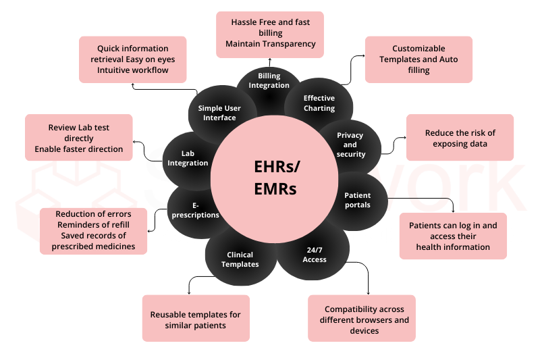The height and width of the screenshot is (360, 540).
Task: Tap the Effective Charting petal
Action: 319,103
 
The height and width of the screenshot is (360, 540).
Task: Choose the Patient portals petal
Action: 357,200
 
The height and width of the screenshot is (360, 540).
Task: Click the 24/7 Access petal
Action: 315,254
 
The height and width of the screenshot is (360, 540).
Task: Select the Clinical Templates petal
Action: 240,259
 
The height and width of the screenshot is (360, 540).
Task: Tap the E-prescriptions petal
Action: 195,210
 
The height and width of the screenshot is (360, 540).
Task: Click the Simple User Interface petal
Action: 219,112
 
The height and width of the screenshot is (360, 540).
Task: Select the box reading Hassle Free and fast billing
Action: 270,33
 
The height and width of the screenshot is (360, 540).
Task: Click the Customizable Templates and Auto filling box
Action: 418,59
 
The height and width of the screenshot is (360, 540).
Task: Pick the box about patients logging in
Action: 453,236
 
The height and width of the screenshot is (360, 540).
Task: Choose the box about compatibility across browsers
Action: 361,319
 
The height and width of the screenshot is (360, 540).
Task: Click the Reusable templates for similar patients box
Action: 196,319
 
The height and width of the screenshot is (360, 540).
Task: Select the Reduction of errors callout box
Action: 93,230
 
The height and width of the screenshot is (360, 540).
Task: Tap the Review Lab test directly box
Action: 78,138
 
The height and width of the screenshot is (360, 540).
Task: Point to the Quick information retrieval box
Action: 133,59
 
